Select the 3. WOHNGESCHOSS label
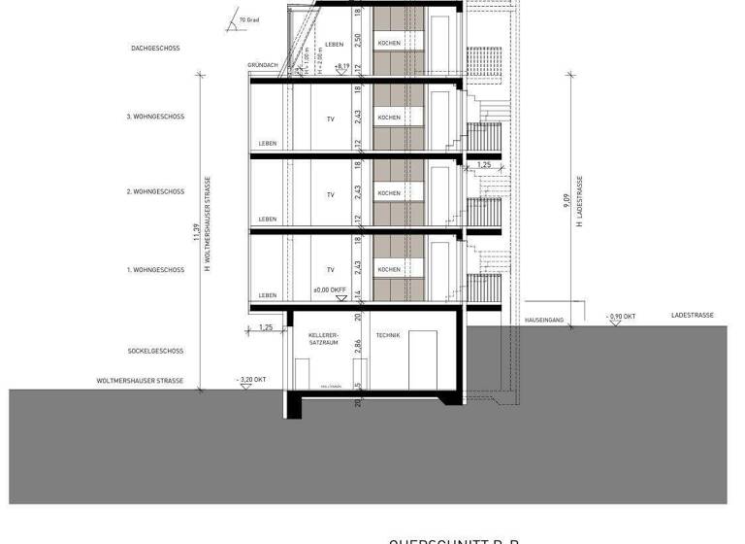tap(155, 117)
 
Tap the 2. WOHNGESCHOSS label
tap(155, 192)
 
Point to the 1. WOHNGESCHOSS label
tap(155, 269)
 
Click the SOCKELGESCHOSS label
tap(155, 351)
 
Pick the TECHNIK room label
tap(389, 334)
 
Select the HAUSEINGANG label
tap(541, 318)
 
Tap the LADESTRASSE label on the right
tap(693, 316)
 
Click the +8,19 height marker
tap(341, 66)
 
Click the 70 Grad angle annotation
tap(248, 18)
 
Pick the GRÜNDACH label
tap(263, 65)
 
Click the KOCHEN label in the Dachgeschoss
tap(389, 44)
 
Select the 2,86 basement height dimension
tap(358, 345)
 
